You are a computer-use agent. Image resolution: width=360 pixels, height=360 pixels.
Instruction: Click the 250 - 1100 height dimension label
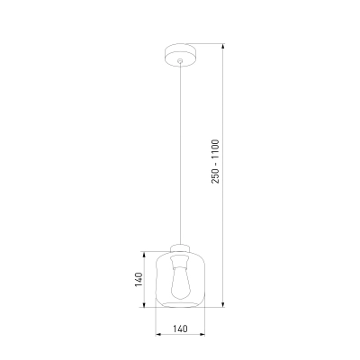pyautogui.click(x=216, y=161)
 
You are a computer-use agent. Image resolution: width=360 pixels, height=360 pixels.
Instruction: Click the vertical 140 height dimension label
pyautogui.click(x=139, y=279)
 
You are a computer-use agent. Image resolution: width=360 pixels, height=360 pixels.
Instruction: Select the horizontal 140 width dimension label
pyautogui.click(x=180, y=328)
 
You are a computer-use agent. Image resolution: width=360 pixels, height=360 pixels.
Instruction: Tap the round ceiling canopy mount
pyautogui.click(x=180, y=56)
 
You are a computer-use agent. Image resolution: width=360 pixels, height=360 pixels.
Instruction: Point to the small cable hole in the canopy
pyautogui.click(x=180, y=61)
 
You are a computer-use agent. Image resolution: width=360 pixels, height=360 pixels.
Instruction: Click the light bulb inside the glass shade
pyautogui.click(x=180, y=283)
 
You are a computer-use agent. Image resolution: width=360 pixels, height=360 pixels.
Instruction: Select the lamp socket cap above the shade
pyautogui.click(x=180, y=248)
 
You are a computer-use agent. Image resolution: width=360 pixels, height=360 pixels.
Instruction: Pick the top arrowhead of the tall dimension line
pyautogui.click(x=223, y=47)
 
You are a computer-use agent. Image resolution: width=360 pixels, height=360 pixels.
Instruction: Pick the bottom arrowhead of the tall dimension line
pyautogui.click(x=223, y=304)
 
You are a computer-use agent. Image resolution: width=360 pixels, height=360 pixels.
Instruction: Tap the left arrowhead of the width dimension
pyautogui.click(x=158, y=334)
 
